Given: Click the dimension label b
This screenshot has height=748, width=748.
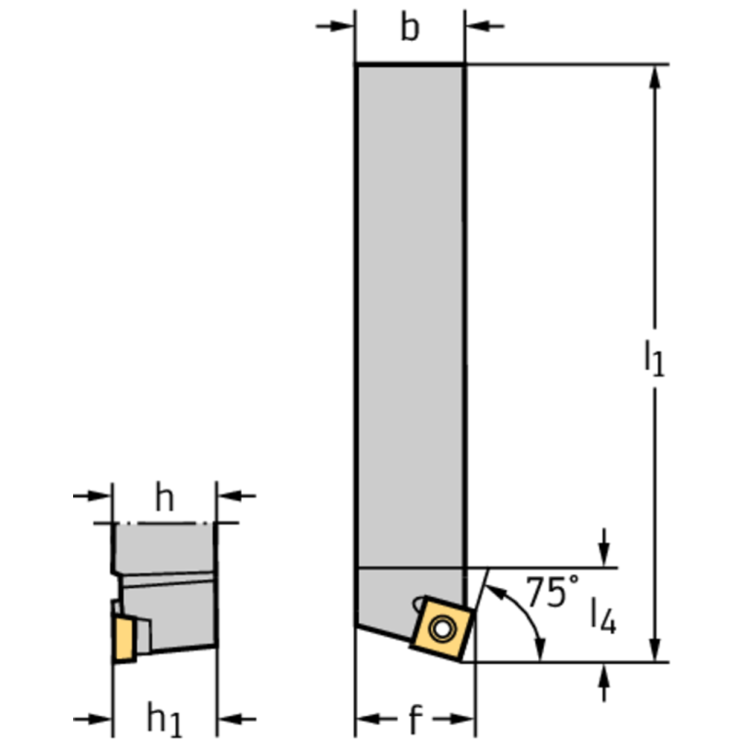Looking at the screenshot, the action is point(410,29).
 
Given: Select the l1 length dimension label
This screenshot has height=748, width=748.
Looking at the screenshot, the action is point(652,357).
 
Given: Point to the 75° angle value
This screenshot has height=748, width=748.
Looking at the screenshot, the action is point(552,592).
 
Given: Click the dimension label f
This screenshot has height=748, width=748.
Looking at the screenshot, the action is point(414,722).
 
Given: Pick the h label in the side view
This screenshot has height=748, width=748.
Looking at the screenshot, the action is point(165,498).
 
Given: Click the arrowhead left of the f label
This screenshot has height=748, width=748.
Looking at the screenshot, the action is point(365,721).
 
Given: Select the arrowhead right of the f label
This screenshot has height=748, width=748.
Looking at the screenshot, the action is point(464,721).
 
